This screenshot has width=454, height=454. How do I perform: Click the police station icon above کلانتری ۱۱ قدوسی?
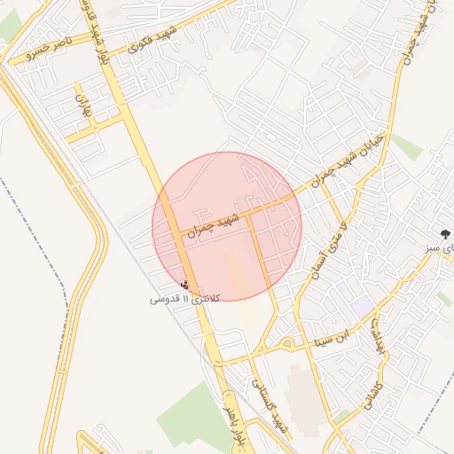coord(184,285)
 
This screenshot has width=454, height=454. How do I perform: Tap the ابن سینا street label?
coord(335,337)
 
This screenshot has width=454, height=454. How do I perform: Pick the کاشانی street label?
coord(372,399)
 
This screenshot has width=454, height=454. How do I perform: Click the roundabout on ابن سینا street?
coord(286,343)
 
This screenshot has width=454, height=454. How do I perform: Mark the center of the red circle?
coord(227,226)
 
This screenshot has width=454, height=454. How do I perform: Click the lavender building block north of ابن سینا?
coord(362,305)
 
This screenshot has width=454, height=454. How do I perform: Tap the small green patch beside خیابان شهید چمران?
coord(407,146)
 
